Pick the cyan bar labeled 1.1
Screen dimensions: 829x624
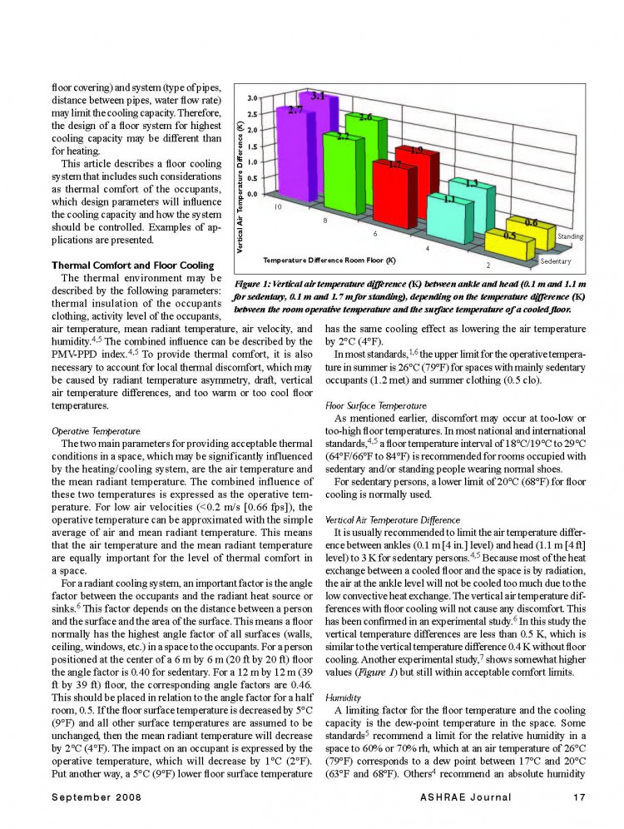pyautogui.click(x=448, y=219)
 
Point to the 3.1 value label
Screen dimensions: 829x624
pyautogui.click(x=317, y=97)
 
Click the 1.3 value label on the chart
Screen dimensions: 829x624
pyautogui.click(x=470, y=183)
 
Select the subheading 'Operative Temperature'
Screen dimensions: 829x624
pyautogui.click(x=86, y=432)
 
